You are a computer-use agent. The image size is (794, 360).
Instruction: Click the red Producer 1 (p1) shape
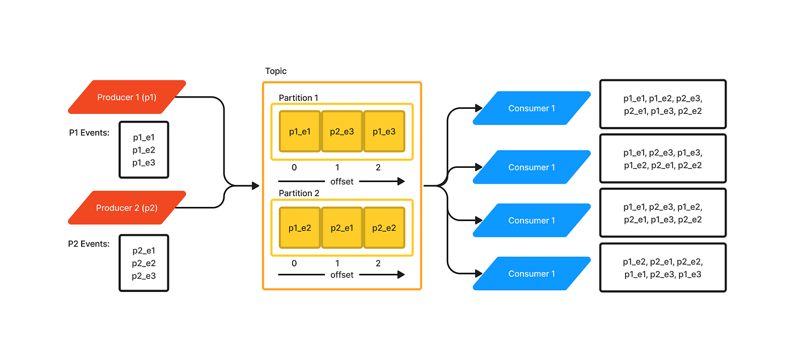(126, 97)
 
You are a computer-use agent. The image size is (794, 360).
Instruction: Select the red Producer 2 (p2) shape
(126, 208)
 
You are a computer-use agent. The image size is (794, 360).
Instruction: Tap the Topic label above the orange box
(276, 71)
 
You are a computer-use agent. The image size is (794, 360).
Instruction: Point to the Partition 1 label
(298, 98)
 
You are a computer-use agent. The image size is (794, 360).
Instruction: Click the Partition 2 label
(299, 193)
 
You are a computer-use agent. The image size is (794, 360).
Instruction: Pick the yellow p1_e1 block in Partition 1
(300, 132)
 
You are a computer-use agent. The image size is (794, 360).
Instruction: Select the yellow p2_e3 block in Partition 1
(342, 132)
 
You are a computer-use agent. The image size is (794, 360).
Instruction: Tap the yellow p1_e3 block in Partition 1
(384, 132)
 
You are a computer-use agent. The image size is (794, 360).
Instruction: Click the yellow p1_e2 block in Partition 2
(300, 227)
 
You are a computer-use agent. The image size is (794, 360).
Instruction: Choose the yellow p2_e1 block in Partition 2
(342, 227)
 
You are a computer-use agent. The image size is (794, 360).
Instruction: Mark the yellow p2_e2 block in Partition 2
(384, 227)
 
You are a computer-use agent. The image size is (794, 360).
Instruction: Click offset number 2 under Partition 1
(378, 168)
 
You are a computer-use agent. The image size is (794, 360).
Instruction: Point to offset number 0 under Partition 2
(294, 264)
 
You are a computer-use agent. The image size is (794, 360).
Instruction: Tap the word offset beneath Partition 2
(341, 275)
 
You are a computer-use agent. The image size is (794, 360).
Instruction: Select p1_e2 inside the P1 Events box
(144, 150)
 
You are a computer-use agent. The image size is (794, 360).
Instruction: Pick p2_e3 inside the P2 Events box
(144, 276)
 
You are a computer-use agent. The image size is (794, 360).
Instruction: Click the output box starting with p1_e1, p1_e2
(662, 104)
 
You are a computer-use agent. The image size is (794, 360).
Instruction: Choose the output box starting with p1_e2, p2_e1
(662, 268)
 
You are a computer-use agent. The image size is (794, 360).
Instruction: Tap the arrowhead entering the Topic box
(255, 185)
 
